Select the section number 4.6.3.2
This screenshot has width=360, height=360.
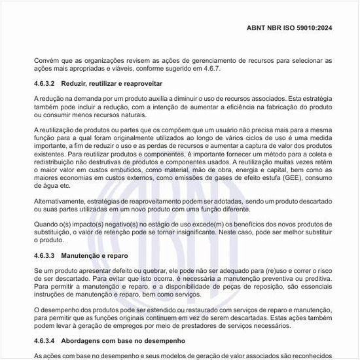46,84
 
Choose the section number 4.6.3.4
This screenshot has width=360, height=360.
46,341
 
